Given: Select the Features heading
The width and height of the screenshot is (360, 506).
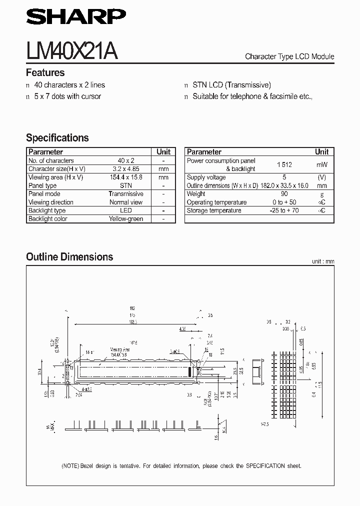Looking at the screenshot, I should coord(45,72).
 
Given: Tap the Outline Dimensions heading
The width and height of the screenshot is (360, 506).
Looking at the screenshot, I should coord(69,257).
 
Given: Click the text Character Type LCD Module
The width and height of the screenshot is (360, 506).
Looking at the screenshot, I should coord(289,56).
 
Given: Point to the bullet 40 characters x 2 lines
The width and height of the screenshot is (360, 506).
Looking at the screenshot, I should coord(69,85).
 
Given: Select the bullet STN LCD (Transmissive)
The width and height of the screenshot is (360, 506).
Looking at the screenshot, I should coord(231,85).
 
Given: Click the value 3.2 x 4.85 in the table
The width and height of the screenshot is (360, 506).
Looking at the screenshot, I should coord(126,169).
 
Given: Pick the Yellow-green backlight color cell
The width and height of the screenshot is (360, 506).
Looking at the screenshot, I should coord(126,219).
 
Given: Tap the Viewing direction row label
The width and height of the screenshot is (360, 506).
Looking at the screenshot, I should coord(51,202).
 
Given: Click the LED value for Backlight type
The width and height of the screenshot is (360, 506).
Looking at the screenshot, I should coord(126,210).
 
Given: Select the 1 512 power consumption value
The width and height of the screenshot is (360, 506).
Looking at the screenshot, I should coord(284,164).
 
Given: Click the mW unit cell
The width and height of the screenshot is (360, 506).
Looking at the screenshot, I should coord(321,164).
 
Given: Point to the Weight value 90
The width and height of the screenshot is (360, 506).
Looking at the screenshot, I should coord(284,194).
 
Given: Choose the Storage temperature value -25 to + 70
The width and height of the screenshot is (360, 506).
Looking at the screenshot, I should coord(284,210).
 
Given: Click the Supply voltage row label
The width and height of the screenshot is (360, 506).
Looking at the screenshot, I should coord(206,177).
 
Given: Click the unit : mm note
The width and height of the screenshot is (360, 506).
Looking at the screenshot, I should coord(322,261).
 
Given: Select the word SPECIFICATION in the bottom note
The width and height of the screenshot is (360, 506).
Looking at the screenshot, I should coord(261,466).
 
